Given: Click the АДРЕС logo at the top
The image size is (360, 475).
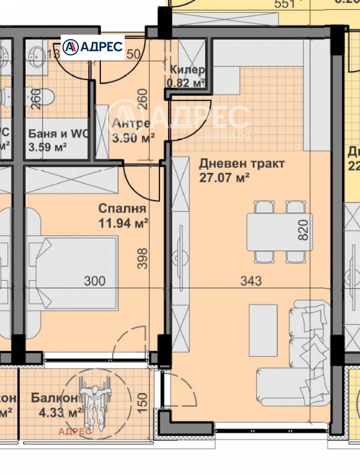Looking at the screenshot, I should (92, 47).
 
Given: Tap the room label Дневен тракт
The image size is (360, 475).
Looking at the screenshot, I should (242, 164).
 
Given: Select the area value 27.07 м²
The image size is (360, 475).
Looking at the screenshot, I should (224, 178).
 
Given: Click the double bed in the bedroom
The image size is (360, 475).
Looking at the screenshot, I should (74, 274).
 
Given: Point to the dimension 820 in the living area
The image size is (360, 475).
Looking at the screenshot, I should (303, 230).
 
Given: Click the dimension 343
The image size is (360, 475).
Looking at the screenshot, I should (251, 281).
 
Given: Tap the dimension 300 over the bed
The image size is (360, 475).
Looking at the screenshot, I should (95, 281).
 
